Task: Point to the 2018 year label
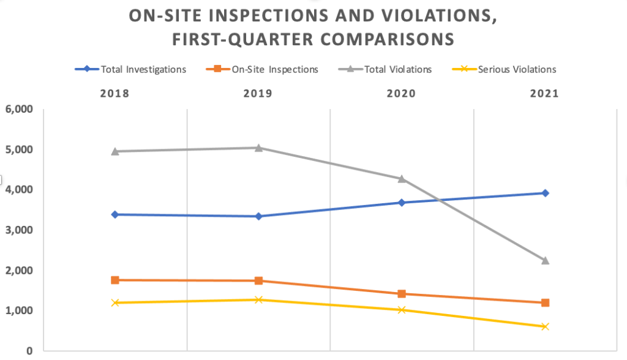click(115, 94)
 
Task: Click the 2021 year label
click(545, 94)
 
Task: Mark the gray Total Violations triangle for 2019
click(258, 148)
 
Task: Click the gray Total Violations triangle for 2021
click(545, 260)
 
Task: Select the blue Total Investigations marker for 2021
click(545, 193)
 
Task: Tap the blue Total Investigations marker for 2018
click(115, 214)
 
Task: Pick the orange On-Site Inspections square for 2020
click(402, 294)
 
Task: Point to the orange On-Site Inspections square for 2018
click(115, 280)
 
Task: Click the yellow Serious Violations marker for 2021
click(545, 326)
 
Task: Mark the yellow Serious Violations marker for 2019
click(258, 299)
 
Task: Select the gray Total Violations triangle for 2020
click(402, 179)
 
